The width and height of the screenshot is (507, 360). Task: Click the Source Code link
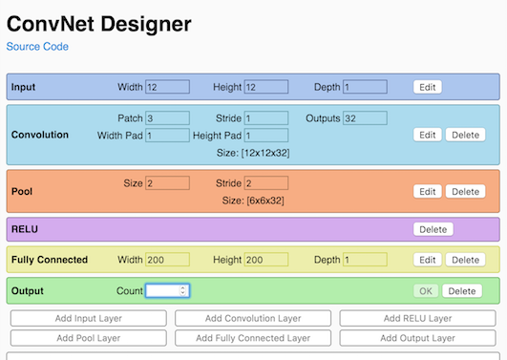[37, 46]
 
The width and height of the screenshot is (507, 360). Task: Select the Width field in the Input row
[167, 87]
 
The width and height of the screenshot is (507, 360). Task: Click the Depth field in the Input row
[365, 87]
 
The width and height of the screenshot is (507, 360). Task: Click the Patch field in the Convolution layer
[167, 118]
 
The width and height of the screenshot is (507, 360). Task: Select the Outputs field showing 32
[365, 118]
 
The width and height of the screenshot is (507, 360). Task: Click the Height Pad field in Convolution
[266, 136]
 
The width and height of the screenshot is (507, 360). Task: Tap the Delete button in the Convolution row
[464, 136]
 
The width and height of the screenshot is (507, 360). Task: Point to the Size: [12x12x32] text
[253, 153]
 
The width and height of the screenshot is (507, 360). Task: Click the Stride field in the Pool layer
[266, 183]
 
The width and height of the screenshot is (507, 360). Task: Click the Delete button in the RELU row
[433, 229]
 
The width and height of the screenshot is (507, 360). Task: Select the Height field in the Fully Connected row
[266, 260]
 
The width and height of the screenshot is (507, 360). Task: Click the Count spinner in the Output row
[167, 290]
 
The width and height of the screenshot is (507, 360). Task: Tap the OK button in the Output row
[426, 290]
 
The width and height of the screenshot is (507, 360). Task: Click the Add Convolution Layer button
[253, 318]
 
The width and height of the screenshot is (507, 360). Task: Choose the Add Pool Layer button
[88, 337]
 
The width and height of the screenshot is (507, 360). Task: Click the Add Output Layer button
[417, 337]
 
